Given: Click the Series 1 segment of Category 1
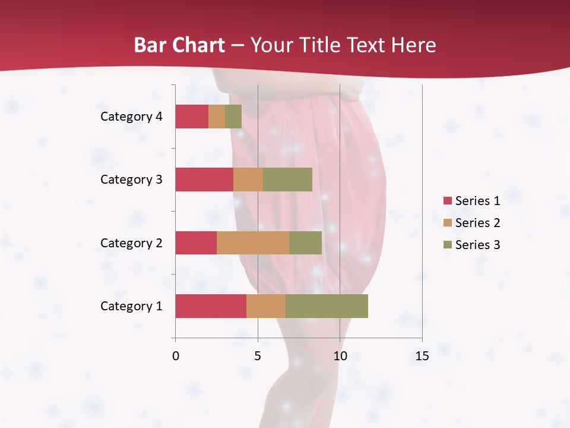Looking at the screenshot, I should pyautogui.click(x=211, y=306).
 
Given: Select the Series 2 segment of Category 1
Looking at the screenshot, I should pyautogui.click(x=266, y=306).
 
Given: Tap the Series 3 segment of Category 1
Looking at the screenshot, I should pyautogui.click(x=327, y=306).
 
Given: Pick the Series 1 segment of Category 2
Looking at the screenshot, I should pyautogui.click(x=196, y=243).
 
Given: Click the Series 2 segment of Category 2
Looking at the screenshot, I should pyautogui.click(x=253, y=243).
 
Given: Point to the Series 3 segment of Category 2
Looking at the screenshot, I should pyautogui.click(x=305, y=243).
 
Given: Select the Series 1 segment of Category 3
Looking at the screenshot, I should pyautogui.click(x=204, y=180).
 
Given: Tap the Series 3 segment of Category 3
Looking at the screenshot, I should pyautogui.click(x=287, y=180).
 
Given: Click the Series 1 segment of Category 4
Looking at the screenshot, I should pyautogui.click(x=192, y=117).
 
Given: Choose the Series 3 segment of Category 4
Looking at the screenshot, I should pyautogui.click(x=233, y=117).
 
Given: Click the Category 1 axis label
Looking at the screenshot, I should pyautogui.click(x=131, y=306).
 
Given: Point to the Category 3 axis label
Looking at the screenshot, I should pyautogui.click(x=131, y=180).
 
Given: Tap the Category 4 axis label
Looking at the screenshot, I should pyautogui.click(x=131, y=117).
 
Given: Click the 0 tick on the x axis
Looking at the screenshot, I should pyautogui.click(x=176, y=356).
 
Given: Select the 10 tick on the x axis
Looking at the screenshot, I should pyautogui.click(x=340, y=356).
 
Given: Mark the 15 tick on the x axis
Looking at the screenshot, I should pyautogui.click(x=422, y=356).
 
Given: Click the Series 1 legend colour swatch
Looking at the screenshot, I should pyautogui.click(x=448, y=201).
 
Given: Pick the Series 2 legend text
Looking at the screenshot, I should pyautogui.click(x=477, y=223).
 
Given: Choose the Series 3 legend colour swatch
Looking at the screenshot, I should pyautogui.click(x=448, y=245).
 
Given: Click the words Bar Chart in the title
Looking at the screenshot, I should pyautogui.click(x=179, y=45).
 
